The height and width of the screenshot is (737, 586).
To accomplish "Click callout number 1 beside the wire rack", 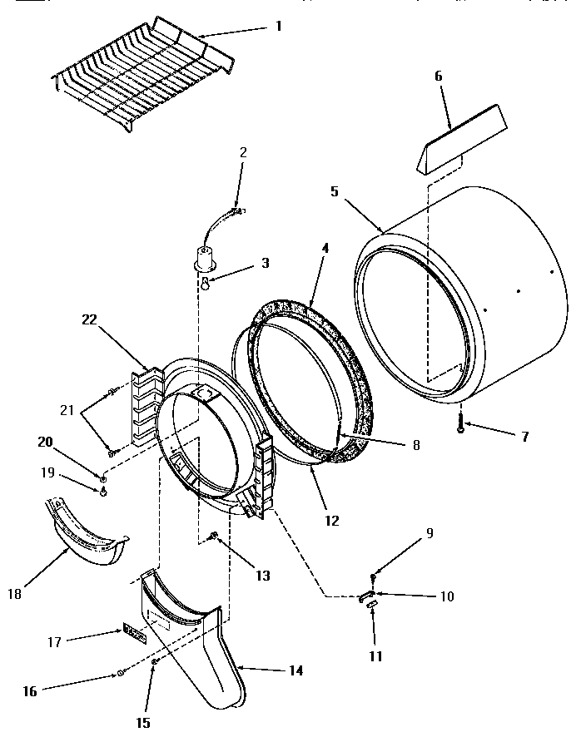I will (x=278, y=26).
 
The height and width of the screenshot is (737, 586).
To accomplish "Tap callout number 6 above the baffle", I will (x=439, y=76).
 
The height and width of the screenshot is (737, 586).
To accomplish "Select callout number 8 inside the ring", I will (x=416, y=445).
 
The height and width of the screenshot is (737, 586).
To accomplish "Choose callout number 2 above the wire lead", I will (x=243, y=152).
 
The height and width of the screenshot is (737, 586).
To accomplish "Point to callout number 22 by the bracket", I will (x=91, y=319).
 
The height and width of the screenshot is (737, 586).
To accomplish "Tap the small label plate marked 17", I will (x=134, y=636).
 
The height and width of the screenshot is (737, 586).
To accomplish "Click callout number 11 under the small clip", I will (x=375, y=656).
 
